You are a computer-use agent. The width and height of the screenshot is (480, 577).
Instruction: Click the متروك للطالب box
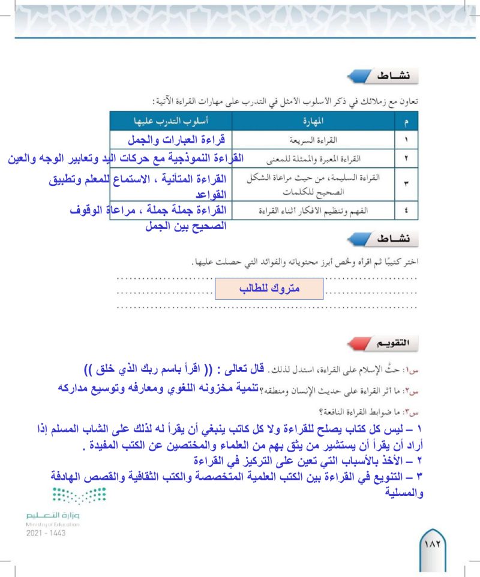(269, 288)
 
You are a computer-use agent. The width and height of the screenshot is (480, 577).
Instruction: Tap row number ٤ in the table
(406, 211)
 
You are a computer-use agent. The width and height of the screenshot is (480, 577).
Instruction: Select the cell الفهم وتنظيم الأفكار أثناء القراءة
(314, 211)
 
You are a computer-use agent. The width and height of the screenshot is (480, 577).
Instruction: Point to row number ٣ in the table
(406, 184)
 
